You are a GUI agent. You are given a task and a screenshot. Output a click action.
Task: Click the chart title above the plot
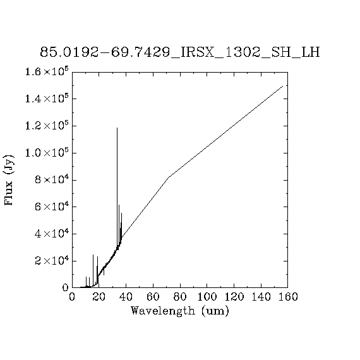(x=180, y=52)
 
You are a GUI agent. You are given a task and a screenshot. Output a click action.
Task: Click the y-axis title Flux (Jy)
(x=9, y=180)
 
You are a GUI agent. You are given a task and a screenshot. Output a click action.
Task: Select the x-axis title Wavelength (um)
(x=180, y=311)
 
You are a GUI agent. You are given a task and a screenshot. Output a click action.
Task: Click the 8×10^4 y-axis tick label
(x=52, y=179)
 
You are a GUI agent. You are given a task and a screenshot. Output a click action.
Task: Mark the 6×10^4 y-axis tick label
(x=52, y=207)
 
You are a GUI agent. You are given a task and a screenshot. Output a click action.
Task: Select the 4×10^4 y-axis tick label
(x=52, y=234)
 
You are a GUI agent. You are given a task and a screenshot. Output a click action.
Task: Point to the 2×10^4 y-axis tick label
(x=52, y=261)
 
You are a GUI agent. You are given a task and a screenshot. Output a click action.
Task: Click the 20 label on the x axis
(x=99, y=297)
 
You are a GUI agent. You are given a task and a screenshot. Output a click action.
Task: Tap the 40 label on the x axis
(x=126, y=297)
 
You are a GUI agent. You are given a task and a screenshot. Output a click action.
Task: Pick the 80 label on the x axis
(x=180, y=297)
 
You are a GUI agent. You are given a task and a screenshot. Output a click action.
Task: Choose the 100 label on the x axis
(x=207, y=297)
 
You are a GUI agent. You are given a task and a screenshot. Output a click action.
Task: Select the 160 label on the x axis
(x=288, y=297)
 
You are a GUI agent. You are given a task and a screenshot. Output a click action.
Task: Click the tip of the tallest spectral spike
(x=117, y=128)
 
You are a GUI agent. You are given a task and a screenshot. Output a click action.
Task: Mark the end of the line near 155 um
(x=282, y=86)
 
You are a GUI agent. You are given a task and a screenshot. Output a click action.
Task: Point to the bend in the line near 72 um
(x=169, y=177)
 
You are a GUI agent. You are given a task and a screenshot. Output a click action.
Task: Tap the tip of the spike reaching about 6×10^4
(x=119, y=205)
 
